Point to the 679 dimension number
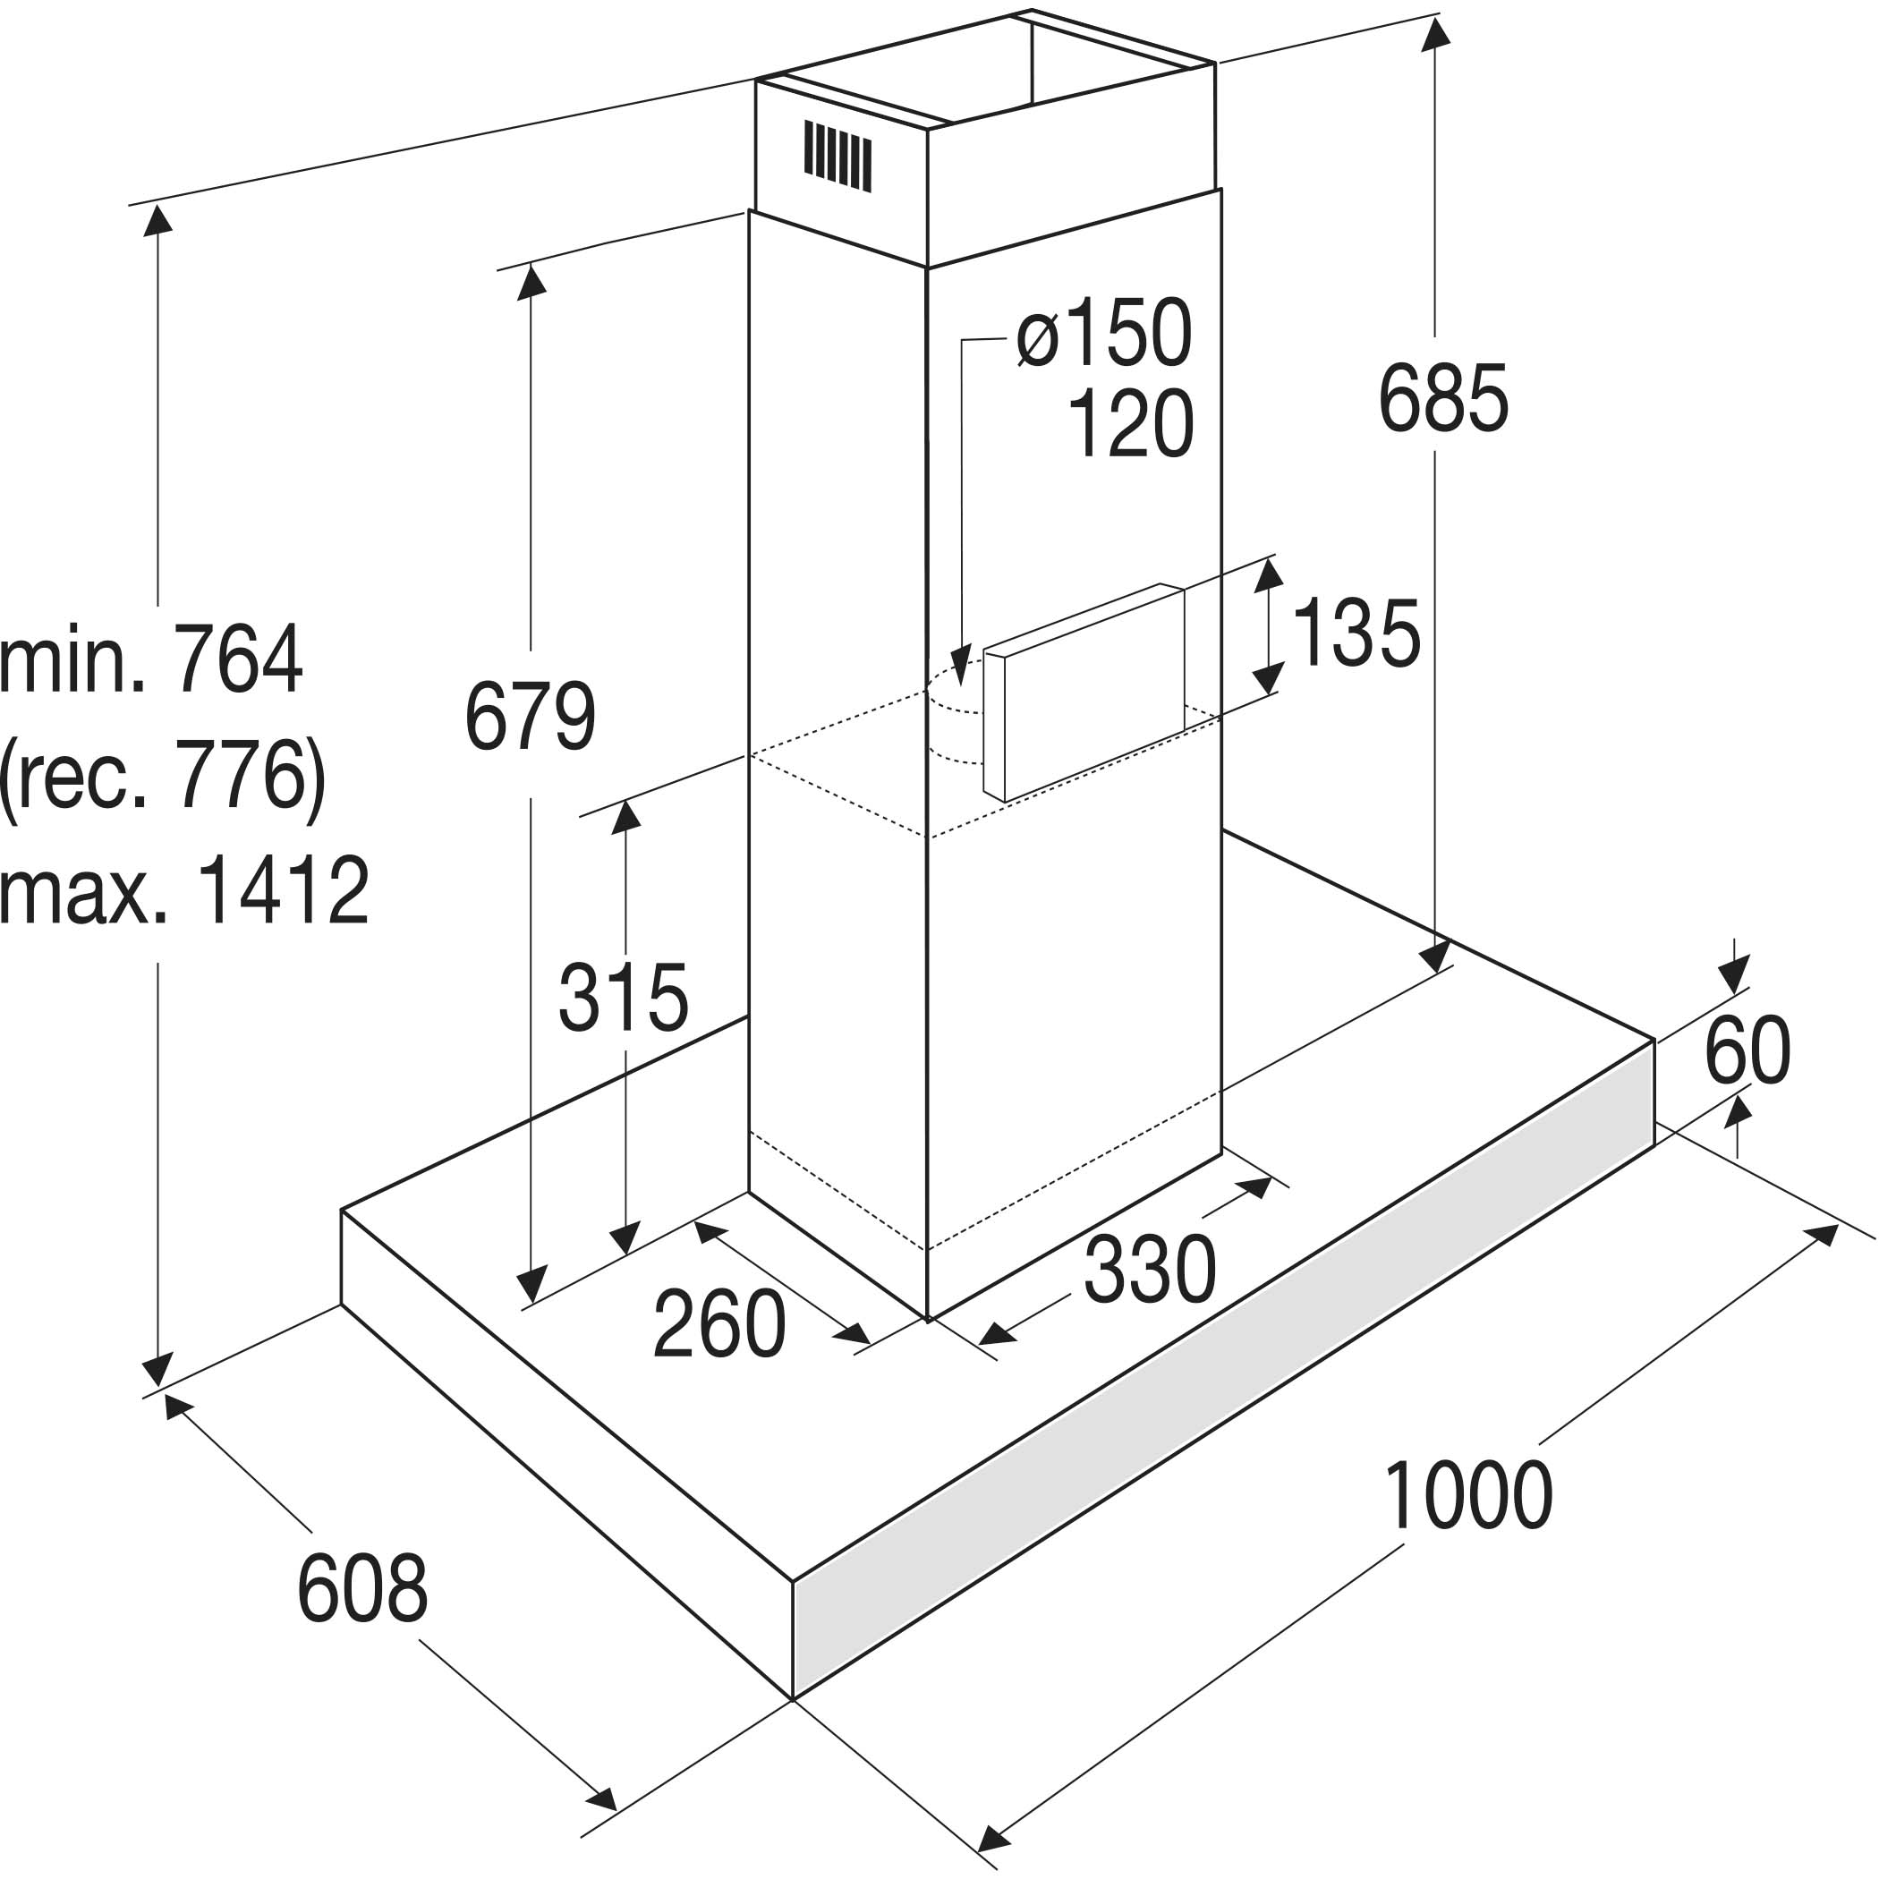pos(530,718)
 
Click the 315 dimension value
pos(624,998)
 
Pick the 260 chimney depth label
pos(718,1324)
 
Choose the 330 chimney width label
pos(1150,1271)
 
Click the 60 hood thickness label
pos(1747,1051)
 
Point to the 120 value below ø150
pos(1130,424)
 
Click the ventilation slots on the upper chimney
pos(837,156)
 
